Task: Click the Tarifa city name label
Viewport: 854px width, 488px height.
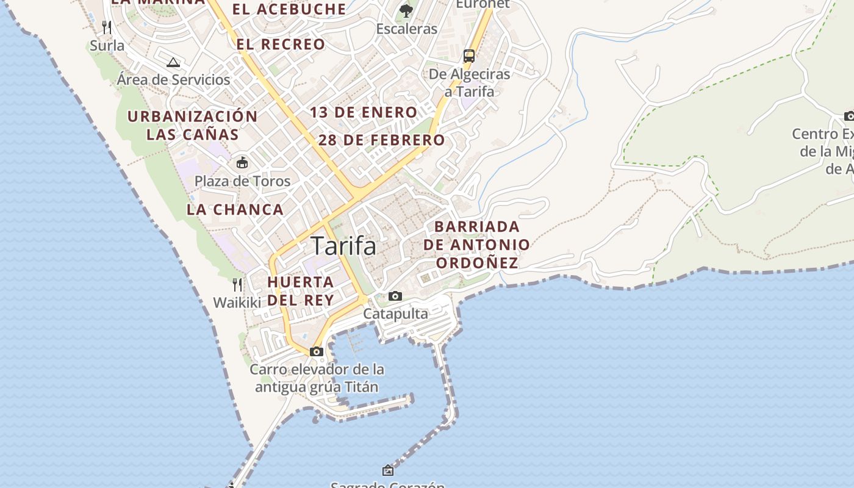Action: point(344,246)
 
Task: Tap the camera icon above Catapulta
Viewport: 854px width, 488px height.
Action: point(395,296)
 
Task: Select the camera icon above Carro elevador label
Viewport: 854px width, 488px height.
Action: point(316,351)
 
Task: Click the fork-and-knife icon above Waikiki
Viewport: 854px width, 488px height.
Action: point(237,284)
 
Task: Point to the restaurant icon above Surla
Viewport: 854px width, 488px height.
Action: point(107,27)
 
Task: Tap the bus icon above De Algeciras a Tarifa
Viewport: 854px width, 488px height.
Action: point(468,56)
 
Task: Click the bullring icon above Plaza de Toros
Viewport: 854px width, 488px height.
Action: point(242,162)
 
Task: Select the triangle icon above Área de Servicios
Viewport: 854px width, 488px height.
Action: point(173,62)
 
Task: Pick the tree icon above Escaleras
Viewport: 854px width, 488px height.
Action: point(406,10)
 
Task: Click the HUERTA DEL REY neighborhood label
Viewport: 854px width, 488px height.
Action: point(301,291)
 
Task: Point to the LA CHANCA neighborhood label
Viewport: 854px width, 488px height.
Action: point(235,209)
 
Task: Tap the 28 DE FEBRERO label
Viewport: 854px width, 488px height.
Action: point(382,140)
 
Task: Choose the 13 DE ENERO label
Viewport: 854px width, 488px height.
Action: point(364,112)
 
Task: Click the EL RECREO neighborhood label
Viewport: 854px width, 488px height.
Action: point(281,44)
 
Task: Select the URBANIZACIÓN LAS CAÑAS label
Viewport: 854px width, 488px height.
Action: point(192,125)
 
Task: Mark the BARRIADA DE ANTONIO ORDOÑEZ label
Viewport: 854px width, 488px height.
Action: point(476,245)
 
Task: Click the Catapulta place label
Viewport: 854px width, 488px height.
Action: point(396,314)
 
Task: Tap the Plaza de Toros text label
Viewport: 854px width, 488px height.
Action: point(242,181)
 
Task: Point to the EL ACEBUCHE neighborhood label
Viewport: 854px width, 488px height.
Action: point(289,9)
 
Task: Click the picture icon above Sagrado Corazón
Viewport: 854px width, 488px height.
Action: point(388,470)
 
